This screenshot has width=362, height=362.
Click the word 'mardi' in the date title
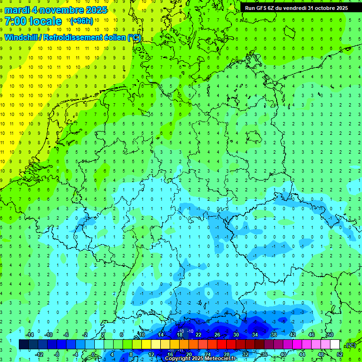(x=17, y=10)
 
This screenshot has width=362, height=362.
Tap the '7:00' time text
(x=16, y=21)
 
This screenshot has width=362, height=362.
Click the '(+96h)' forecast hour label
(x=82, y=21)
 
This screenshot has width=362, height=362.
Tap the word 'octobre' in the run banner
(x=325, y=8)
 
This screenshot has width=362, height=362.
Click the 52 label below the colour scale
(x=339, y=354)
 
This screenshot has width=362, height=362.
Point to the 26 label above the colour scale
(x=217, y=335)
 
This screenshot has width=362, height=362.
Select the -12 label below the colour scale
(x=40, y=354)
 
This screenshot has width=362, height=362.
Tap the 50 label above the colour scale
(x=330, y=335)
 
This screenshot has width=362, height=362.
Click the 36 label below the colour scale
(x=264, y=354)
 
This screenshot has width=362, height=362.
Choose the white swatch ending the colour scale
(x=335, y=345)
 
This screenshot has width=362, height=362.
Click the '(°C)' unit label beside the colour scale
(x=351, y=345)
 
